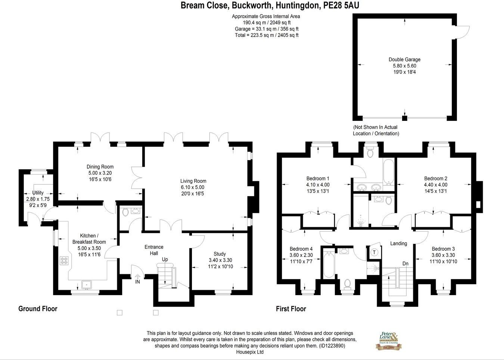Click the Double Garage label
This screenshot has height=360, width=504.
[404, 59]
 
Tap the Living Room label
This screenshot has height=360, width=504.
[193, 181]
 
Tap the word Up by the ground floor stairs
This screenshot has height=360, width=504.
[165, 259]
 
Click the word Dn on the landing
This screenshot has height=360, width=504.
[405, 263]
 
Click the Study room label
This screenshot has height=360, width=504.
[220, 254]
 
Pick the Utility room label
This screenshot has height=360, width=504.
[38, 192]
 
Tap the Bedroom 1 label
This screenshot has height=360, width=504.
[318, 178]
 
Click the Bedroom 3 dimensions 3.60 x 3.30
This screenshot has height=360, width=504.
[443, 255]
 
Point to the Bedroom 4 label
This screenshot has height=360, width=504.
[301, 249]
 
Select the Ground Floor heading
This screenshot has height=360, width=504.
[38, 309]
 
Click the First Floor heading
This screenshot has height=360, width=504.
[291, 309]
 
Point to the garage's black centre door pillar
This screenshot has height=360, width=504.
[404, 118]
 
